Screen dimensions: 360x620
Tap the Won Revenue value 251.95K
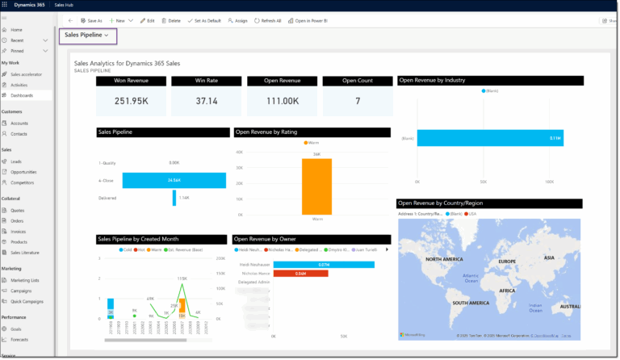(x=131, y=101)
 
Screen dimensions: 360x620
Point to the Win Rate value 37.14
(x=207, y=101)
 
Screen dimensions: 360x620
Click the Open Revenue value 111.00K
(x=282, y=101)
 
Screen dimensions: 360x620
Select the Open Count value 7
(x=357, y=101)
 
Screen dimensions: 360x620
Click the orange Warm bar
(x=316, y=186)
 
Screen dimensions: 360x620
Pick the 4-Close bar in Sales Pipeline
(x=174, y=180)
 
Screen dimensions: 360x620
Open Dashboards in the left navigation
(x=22, y=95)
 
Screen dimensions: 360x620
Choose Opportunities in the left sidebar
(x=23, y=171)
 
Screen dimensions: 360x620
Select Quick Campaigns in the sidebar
(x=27, y=301)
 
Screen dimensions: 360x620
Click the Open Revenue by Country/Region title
(x=442, y=203)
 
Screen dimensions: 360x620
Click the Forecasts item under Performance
(x=20, y=340)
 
